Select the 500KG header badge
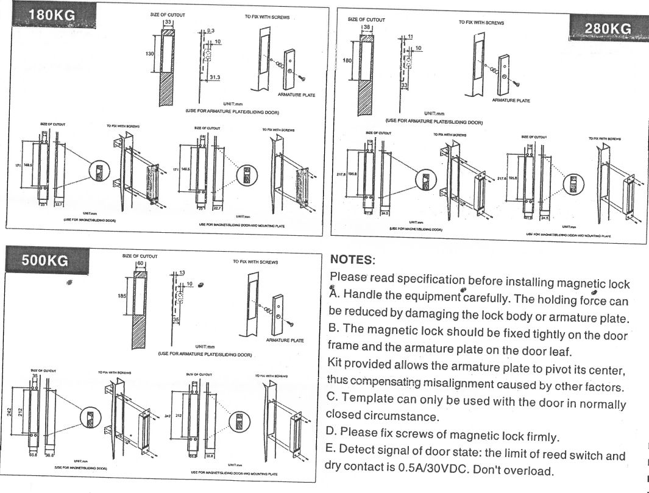tap(45, 261)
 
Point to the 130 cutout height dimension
tap(149, 54)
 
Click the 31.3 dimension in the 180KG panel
tap(215, 77)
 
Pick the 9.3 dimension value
tap(211, 30)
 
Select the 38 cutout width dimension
tap(367, 27)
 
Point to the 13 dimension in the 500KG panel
tap(181, 272)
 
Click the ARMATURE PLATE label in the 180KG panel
tap(296, 94)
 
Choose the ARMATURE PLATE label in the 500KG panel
tap(285, 340)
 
